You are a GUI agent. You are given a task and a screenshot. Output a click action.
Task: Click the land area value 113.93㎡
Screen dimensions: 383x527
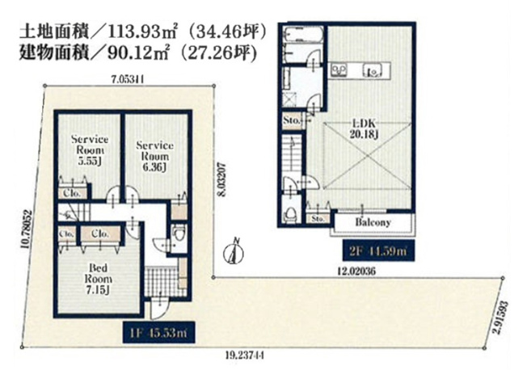coord(130,35)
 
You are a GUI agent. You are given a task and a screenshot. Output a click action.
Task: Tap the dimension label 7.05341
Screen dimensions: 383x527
coord(128,78)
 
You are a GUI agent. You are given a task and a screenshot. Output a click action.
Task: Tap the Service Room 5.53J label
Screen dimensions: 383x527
coord(88,149)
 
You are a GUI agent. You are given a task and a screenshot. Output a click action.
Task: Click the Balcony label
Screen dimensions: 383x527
coord(373,222)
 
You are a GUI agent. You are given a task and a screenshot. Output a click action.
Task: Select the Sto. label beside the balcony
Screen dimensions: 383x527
coord(318,218)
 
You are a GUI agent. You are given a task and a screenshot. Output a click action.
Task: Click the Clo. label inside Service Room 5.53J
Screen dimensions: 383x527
coord(72,194)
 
